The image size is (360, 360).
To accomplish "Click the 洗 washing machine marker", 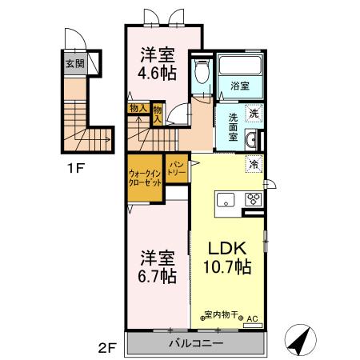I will pyautogui.click(x=253, y=113).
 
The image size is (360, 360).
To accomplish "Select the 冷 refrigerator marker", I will pyautogui.click(x=254, y=165).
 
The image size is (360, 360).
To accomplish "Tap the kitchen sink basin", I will pyautogui.click(x=224, y=199).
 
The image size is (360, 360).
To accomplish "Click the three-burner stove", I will pyautogui.click(x=254, y=199).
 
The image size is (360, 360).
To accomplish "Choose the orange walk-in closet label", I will pyautogui.click(x=145, y=178).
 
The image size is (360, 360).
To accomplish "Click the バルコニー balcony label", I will pyautogui.click(x=195, y=343).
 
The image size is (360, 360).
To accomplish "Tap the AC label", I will pyautogui.click(x=251, y=318).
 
